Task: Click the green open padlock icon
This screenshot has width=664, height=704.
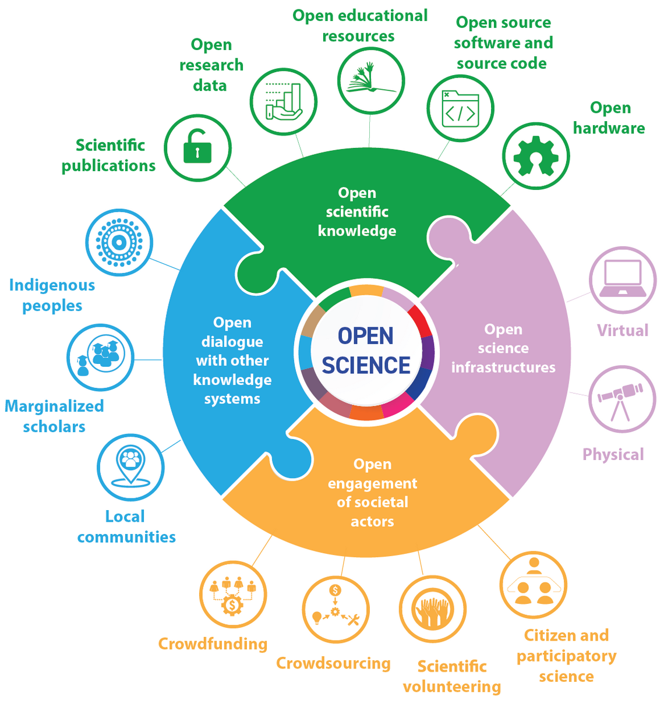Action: point(197,148)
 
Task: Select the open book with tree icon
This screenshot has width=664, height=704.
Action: point(371,80)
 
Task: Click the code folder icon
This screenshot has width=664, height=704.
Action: point(460,109)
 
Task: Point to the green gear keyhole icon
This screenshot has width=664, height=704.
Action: point(535,156)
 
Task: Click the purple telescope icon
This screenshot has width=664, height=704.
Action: point(621,399)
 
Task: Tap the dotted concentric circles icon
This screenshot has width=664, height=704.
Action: point(119,242)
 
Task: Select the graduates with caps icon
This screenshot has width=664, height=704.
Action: point(100,357)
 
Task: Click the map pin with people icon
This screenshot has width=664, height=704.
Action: point(130,466)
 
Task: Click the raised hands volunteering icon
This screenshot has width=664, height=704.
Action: point(432,609)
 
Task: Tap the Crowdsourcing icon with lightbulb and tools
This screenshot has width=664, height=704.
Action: point(335,609)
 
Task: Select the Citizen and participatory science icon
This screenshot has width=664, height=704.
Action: point(533,585)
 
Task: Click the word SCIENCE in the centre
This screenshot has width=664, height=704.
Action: point(366,365)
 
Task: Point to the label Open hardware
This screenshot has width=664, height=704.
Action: point(609,118)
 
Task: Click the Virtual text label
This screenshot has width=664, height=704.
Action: point(622,330)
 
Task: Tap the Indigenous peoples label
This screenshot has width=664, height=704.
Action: point(52,295)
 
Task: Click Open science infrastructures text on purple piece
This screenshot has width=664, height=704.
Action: point(503,348)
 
